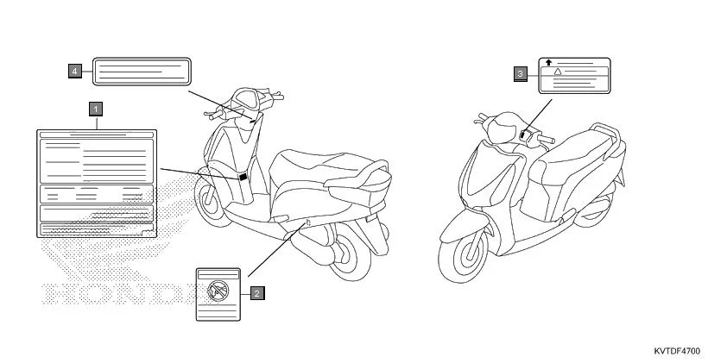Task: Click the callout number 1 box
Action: (95, 109)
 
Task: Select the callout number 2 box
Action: (257, 292)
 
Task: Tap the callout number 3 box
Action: (520, 74)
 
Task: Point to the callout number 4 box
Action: (76, 70)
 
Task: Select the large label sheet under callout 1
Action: (97, 182)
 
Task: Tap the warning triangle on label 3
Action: (559, 72)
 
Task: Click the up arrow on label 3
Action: (550, 63)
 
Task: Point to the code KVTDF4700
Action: (677, 351)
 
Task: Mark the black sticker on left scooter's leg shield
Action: (243, 177)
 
